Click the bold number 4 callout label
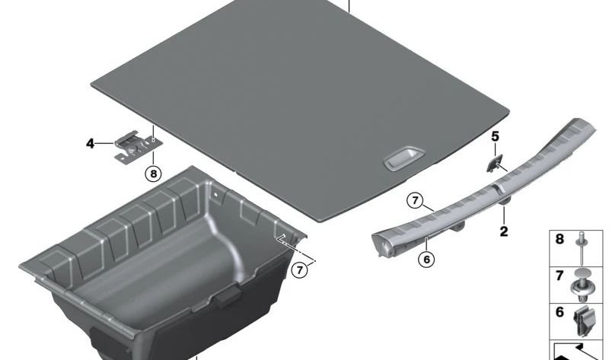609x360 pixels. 90,144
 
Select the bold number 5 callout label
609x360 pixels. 496,136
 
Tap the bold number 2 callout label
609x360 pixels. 504,232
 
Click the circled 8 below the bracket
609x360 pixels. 153,174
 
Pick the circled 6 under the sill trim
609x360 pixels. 426,259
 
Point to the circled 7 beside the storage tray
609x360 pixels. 299,269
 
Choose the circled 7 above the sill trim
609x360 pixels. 415,201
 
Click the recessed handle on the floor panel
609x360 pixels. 404,158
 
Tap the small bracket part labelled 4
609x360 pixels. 138,148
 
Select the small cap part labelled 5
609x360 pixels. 494,163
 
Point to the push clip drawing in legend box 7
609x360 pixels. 582,286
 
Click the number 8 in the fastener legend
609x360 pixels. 560,239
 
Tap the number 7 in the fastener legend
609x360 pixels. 560,276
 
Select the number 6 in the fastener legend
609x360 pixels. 560,312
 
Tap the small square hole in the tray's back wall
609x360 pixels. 215,194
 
